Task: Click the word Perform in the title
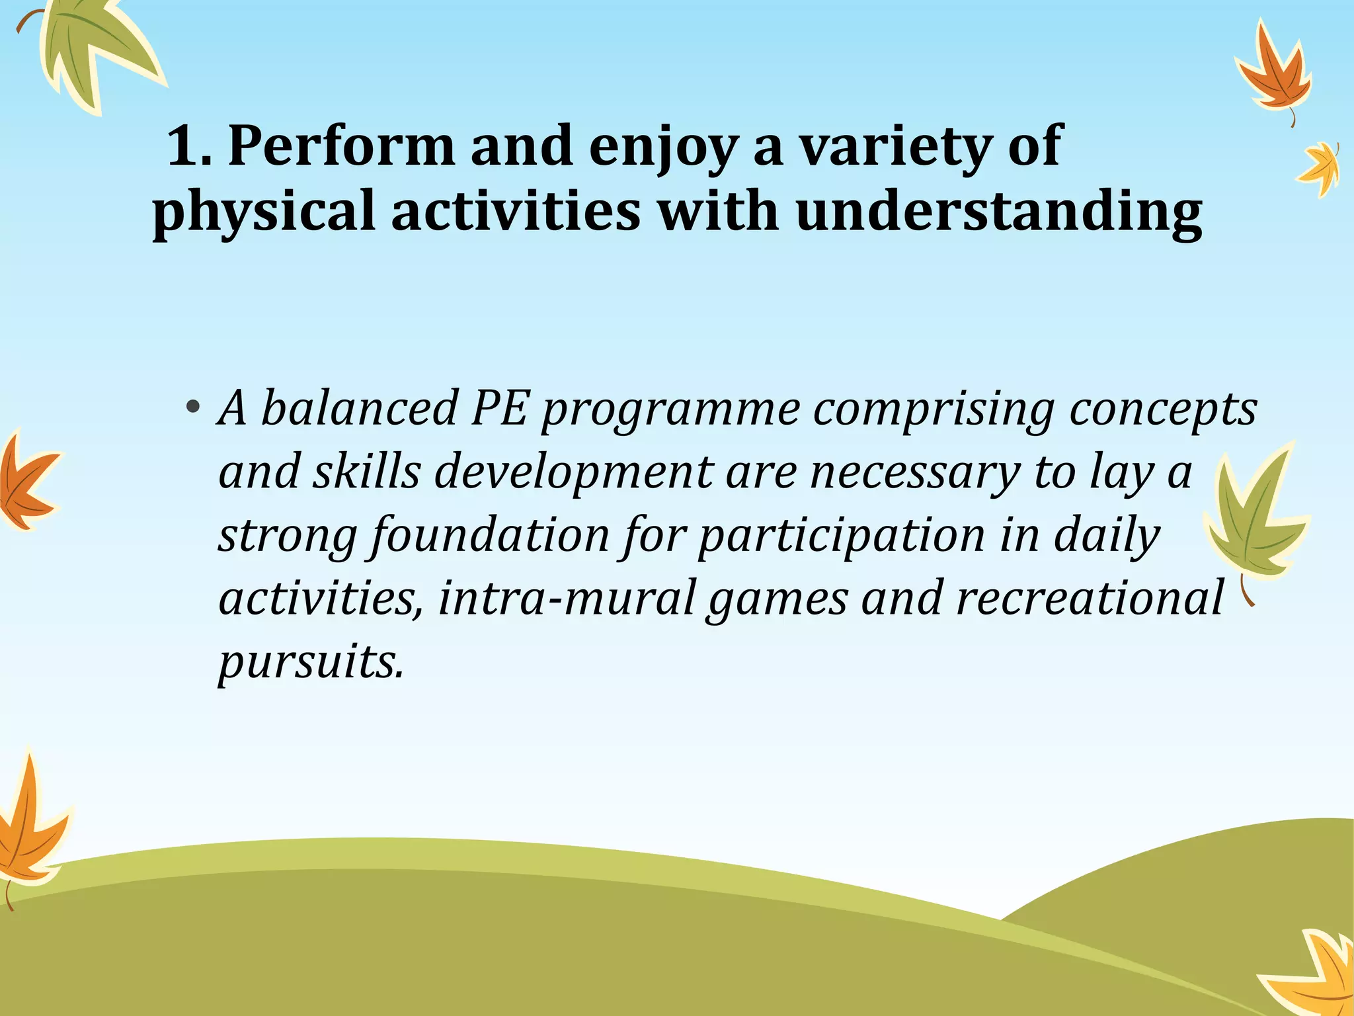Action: [341, 147]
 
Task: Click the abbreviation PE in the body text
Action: [499, 409]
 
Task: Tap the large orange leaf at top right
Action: [1273, 76]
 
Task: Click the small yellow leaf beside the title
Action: [1320, 169]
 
